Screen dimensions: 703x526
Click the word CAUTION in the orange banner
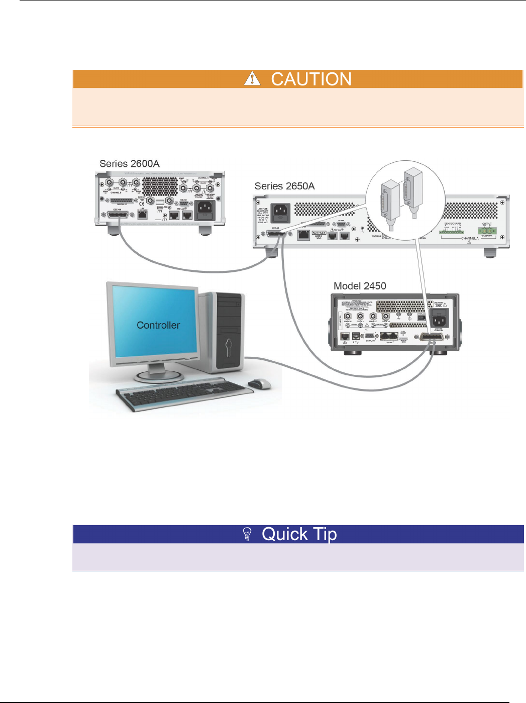coord(311,79)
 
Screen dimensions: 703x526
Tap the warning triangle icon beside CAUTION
coord(252,79)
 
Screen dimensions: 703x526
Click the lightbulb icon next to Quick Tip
coord(247,534)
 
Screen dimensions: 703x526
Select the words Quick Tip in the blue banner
coord(299,534)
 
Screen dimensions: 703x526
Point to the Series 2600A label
coord(130,164)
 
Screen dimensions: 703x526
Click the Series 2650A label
coord(284,186)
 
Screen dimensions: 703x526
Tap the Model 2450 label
coord(360,286)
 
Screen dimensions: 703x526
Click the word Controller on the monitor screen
coord(158,325)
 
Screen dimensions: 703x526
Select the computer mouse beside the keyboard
coord(259,384)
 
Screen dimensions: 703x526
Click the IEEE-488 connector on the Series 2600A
coord(118,215)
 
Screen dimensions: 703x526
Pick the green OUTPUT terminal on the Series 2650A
coord(487,231)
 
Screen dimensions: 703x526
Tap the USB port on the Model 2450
coord(356,335)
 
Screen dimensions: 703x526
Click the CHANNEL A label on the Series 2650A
coord(470,238)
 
